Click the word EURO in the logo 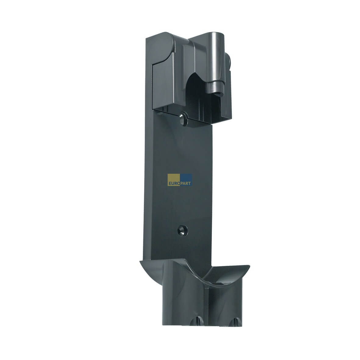click(x=175, y=184)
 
